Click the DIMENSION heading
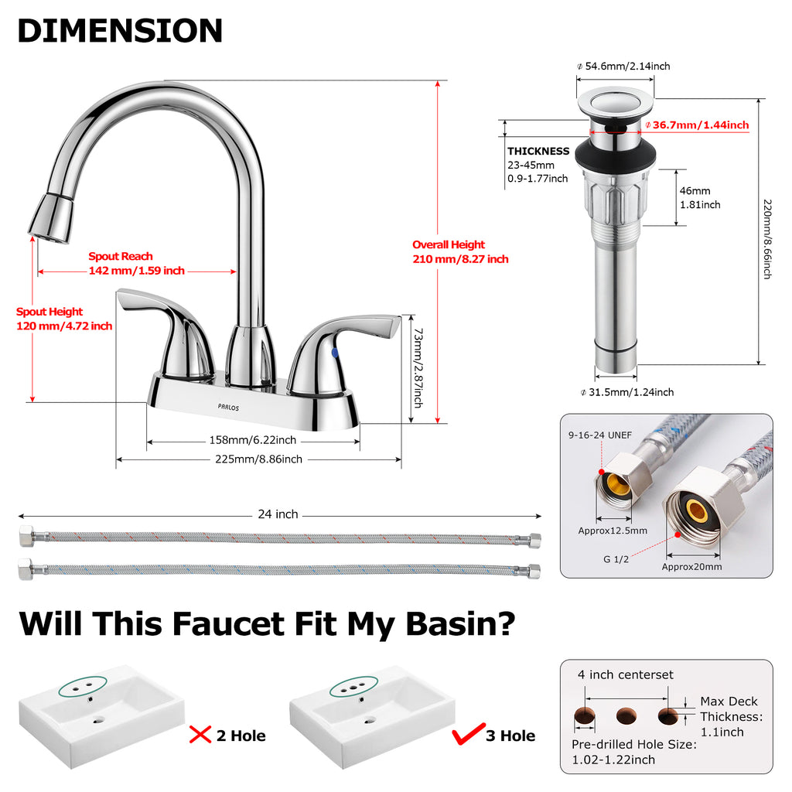click(120, 31)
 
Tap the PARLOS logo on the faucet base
click(228, 407)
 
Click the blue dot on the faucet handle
click(334, 353)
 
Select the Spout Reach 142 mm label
click(136, 263)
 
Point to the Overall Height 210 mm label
click(460, 251)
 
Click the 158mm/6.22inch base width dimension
click(253, 440)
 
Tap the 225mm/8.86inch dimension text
click(258, 459)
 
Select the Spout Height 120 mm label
click(64, 319)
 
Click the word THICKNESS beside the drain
click(538, 151)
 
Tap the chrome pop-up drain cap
click(615, 104)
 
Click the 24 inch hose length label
click(278, 514)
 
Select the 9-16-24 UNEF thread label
click(600, 435)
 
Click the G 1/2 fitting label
click(616, 559)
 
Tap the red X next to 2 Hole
click(200, 735)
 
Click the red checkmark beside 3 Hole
click(468, 733)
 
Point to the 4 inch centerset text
click(625, 674)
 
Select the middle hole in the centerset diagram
click(626, 715)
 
